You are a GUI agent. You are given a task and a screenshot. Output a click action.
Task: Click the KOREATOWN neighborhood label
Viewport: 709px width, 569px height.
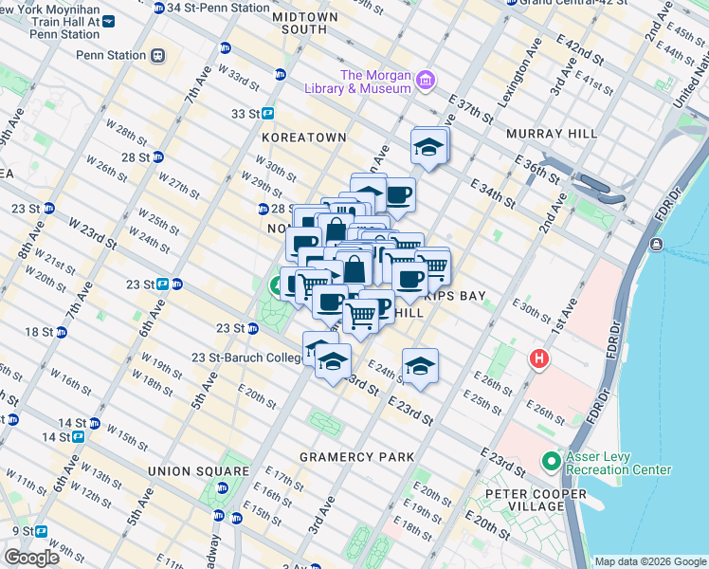[303, 138]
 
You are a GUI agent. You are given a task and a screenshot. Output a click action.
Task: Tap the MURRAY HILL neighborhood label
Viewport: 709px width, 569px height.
[552, 134]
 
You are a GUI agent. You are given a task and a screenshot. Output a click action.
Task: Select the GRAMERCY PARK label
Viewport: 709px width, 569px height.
[356, 457]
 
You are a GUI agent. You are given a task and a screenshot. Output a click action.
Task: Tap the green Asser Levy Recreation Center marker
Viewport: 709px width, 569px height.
[551, 462]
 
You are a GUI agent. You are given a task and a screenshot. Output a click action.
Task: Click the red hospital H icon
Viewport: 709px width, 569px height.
[539, 359]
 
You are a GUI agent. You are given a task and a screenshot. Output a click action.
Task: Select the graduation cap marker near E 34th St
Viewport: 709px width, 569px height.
[428, 147]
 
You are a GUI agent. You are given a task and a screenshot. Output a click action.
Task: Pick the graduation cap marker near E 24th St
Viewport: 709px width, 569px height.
[419, 365]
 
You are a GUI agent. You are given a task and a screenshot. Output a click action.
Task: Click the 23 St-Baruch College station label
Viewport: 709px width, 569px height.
[247, 358]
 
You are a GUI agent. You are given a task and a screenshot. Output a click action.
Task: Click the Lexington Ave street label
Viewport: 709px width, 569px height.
[523, 65]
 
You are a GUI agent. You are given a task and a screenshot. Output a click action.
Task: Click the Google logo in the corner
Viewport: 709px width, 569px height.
[31, 558]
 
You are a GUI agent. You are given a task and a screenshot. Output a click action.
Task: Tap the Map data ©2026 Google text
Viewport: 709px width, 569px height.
[649, 561]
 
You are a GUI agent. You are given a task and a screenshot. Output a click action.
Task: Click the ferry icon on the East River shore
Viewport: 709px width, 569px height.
[656, 245]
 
